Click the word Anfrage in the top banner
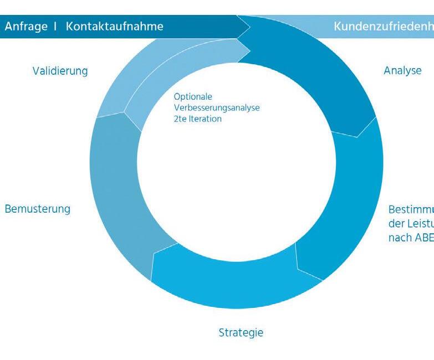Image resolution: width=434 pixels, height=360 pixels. pos(26,27)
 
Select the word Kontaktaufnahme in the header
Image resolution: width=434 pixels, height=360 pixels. pos(114,27)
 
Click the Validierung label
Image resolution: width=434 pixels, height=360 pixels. pos(60,71)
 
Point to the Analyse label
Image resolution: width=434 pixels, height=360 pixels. pos(402,71)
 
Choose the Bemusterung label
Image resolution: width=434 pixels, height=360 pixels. pos(38,209)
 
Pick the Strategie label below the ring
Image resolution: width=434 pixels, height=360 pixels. pos(241,333)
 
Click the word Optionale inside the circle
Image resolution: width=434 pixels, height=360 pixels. pos(193,97)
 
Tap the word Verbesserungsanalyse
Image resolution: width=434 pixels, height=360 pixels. pos(217,107)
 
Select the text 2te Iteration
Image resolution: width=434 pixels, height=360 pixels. pos(197,119)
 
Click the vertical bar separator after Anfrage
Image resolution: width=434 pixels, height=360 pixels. pos(55,27)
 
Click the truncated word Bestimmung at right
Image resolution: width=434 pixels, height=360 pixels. pos(411,210)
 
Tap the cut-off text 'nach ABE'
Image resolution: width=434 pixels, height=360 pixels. pos(411,237)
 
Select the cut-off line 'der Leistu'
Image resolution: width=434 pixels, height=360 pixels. pos(411,224)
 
